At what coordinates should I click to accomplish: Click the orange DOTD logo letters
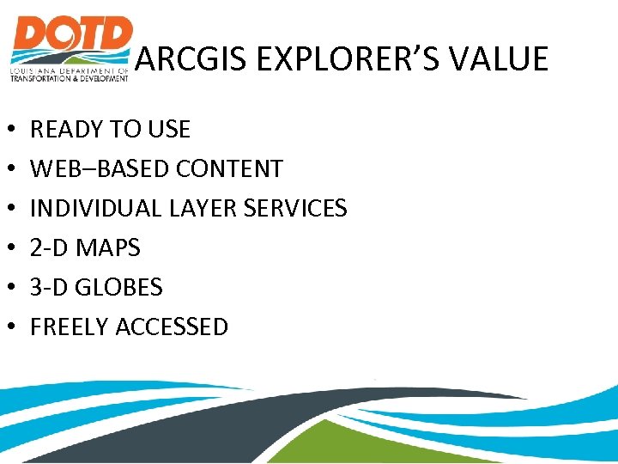point(71,39)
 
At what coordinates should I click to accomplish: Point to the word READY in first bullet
point(65,130)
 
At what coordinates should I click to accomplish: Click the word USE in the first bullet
point(168,130)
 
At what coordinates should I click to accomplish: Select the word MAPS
point(108,248)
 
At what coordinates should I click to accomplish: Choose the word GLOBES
point(118,287)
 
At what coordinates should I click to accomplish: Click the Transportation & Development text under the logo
point(69,77)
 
